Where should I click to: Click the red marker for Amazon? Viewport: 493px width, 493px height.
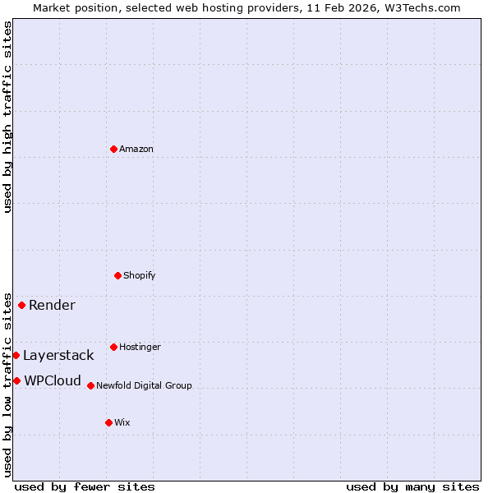pyautogui.click(x=113, y=149)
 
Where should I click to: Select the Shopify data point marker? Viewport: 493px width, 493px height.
pyautogui.click(x=117, y=275)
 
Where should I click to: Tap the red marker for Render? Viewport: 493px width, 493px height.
pyautogui.click(x=22, y=305)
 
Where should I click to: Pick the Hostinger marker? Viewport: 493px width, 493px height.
pyautogui.click(x=113, y=347)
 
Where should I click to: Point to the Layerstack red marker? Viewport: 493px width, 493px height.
pyautogui.click(x=16, y=355)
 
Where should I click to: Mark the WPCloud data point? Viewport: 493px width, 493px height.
pyautogui.click(x=16, y=380)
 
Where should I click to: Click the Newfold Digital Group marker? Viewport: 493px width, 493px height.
pyautogui.click(x=90, y=385)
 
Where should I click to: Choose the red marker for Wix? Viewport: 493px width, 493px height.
pyautogui.click(x=108, y=422)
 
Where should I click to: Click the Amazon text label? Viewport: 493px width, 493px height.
pyautogui.click(x=136, y=149)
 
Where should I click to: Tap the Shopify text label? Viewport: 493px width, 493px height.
pyautogui.click(x=140, y=275)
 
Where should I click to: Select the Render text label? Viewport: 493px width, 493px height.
pyautogui.click(x=52, y=306)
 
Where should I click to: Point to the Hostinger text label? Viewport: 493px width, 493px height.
pyautogui.click(x=140, y=347)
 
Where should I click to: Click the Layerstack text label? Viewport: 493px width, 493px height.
pyautogui.click(x=58, y=356)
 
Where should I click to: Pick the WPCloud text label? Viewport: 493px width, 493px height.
pyautogui.click(x=53, y=381)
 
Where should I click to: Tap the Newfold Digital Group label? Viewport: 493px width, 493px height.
pyautogui.click(x=144, y=385)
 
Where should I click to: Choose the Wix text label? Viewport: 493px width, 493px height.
pyautogui.click(x=122, y=422)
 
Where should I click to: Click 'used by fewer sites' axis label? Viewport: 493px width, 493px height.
pyautogui.click(x=85, y=486)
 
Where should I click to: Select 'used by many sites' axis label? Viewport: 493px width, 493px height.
pyautogui.click(x=412, y=486)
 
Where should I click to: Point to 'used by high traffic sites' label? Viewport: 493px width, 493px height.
pyautogui.click(x=7, y=117)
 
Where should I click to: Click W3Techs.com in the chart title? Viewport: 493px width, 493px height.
pyautogui.click(x=421, y=7)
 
